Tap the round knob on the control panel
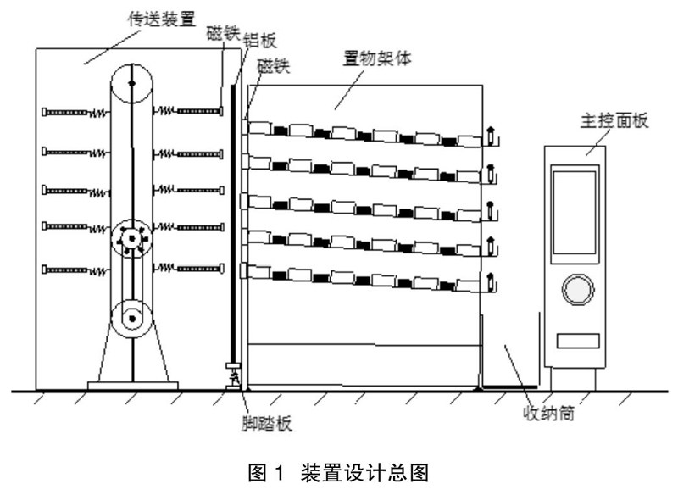[x=575, y=289]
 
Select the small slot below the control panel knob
[x=575, y=340]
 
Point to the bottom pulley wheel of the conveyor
[x=131, y=320]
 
